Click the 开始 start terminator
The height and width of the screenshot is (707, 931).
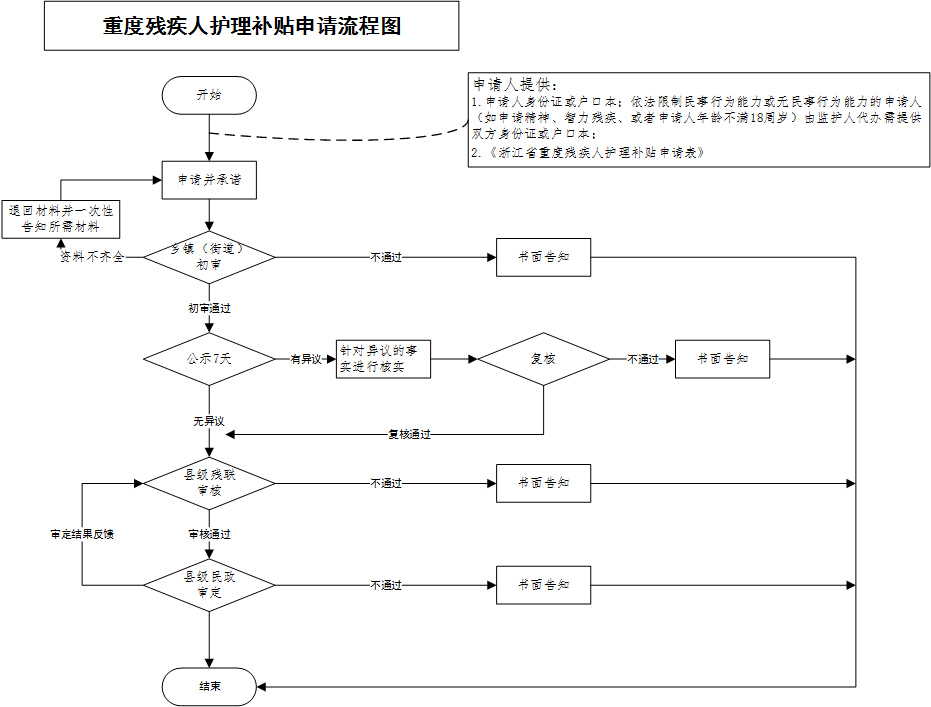(x=209, y=95)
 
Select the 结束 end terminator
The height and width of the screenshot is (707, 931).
(x=209, y=687)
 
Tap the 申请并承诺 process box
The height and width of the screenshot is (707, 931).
(x=209, y=180)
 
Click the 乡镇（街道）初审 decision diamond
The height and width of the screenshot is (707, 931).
(x=209, y=257)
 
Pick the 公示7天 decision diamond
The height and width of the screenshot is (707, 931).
(x=209, y=359)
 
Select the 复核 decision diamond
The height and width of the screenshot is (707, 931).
(x=543, y=359)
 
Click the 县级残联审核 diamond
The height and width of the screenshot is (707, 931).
(x=209, y=483)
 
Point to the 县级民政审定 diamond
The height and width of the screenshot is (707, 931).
(x=209, y=585)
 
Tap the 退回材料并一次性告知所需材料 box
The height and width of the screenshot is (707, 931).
(x=61, y=219)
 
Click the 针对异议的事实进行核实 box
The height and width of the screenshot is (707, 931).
(x=383, y=359)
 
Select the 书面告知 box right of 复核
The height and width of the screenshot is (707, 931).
(x=722, y=359)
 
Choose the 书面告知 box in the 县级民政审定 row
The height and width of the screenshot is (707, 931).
(x=543, y=585)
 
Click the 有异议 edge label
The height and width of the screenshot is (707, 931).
(x=305, y=359)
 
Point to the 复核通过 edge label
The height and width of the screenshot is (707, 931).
(x=409, y=435)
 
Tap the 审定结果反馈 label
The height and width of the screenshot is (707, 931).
(x=82, y=534)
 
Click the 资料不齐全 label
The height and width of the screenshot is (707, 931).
(x=92, y=257)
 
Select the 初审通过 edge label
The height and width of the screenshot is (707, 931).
(x=209, y=309)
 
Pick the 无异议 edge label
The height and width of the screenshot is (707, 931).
(x=208, y=421)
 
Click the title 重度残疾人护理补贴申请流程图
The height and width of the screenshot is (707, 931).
(x=252, y=26)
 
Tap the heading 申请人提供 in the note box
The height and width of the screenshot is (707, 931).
(x=515, y=84)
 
